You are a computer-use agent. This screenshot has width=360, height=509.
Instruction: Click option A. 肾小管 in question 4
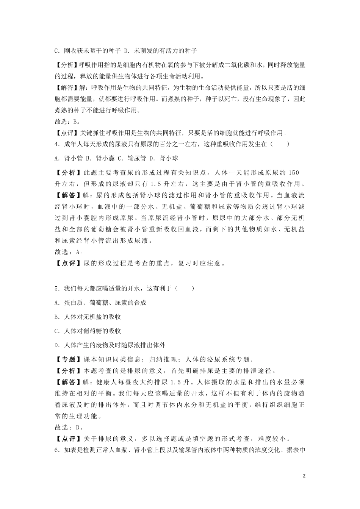point(69,158)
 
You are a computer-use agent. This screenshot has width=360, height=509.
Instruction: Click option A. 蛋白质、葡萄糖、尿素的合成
point(100,302)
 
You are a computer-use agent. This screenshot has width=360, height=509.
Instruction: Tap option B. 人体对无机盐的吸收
point(88,317)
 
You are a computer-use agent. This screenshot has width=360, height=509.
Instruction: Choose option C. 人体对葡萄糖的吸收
point(88,331)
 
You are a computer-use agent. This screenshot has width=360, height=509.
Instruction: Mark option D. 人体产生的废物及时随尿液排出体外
point(110,345)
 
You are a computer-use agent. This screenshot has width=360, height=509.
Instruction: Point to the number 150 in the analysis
point(294,173)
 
